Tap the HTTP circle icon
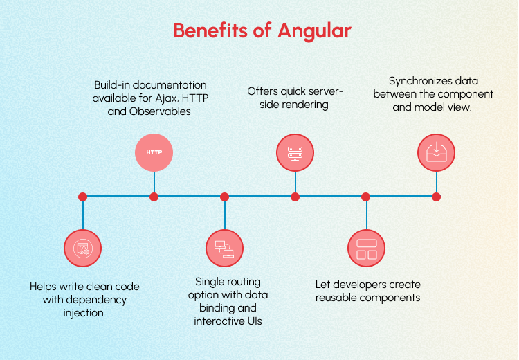pyautogui.click(x=154, y=152)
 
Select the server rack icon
pyautogui.click(x=295, y=152)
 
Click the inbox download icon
pyautogui.click(x=437, y=152)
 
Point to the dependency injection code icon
pyautogui.click(x=82, y=248)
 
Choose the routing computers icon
pyautogui.click(x=225, y=248)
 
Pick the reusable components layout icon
pyautogui.click(x=366, y=248)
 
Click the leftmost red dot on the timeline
pyautogui.click(x=82, y=197)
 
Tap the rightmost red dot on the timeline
pyautogui.click(x=437, y=197)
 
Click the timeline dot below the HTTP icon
pyautogui.click(x=154, y=197)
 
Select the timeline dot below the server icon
pyautogui.click(x=295, y=197)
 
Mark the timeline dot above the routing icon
pyautogui.click(x=225, y=197)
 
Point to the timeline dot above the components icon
pyautogui.click(x=366, y=197)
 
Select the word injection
pyautogui.click(x=82, y=313)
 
